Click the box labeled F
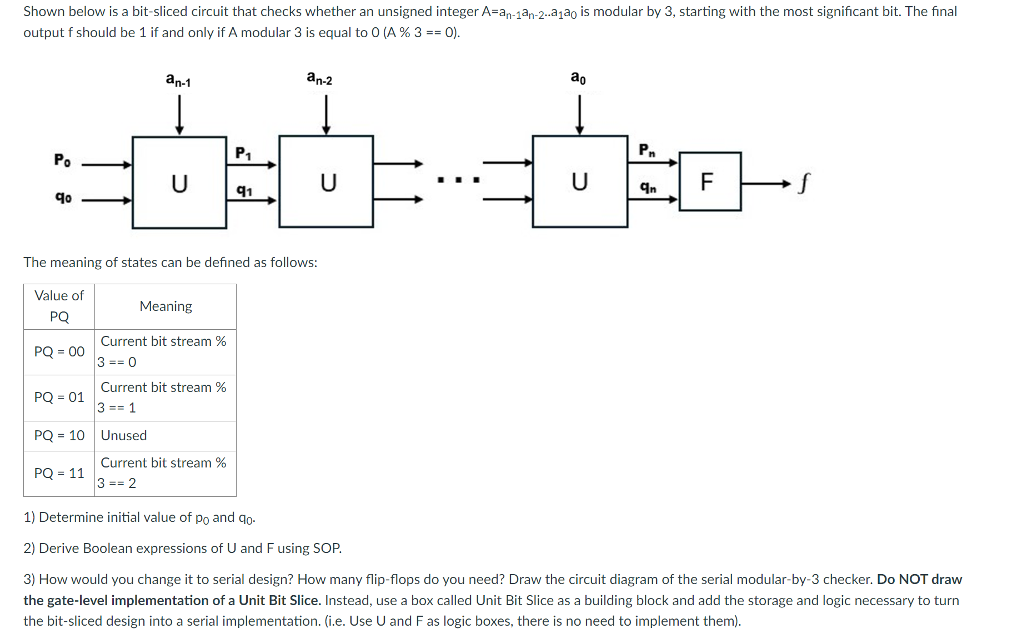click(709, 182)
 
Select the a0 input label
click(578, 78)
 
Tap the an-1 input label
click(178, 80)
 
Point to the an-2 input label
click(319, 78)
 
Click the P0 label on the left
click(62, 160)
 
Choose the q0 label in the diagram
click(63, 197)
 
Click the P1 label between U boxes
click(243, 153)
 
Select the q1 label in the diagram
click(244, 190)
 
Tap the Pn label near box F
click(647, 150)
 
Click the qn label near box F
click(648, 188)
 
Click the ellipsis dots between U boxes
click(458, 180)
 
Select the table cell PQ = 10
click(59, 436)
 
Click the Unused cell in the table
click(124, 436)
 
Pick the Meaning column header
click(166, 306)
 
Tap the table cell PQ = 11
click(59, 474)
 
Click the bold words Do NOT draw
click(919, 580)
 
